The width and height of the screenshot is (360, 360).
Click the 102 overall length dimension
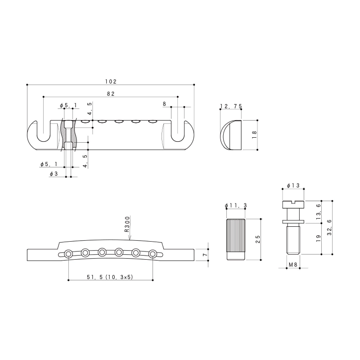111,81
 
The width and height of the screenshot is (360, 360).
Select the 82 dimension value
111,94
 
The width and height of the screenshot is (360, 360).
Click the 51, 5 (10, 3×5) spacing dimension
110,277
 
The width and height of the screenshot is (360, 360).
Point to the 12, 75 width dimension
231,107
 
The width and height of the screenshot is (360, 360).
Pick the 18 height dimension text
254,135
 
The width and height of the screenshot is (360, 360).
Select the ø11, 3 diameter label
236,206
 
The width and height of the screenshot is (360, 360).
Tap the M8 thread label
293,265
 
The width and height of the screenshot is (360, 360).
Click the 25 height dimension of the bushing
257,239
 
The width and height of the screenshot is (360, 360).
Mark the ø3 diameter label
53,174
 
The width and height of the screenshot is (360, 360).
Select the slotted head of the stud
293,204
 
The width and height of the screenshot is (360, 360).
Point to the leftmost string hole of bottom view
68,254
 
